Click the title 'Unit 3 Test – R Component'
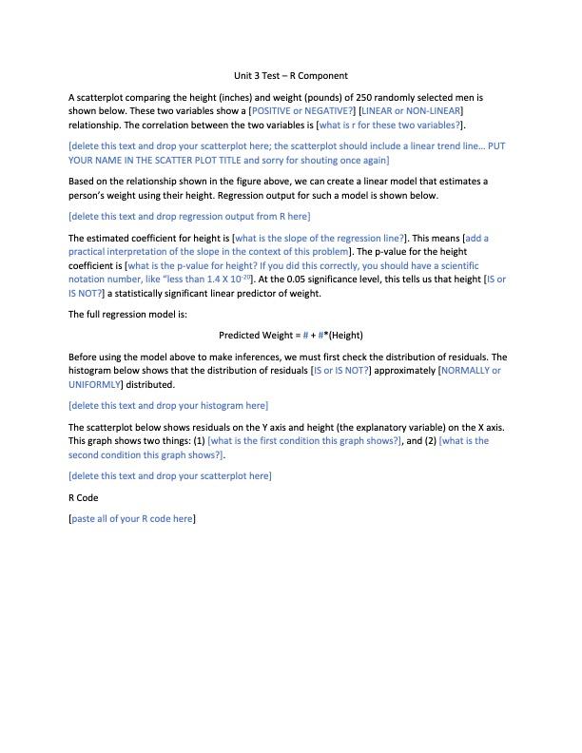291,75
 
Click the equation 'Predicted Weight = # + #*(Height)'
291,335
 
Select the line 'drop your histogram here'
167,406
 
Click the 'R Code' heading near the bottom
84,497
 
